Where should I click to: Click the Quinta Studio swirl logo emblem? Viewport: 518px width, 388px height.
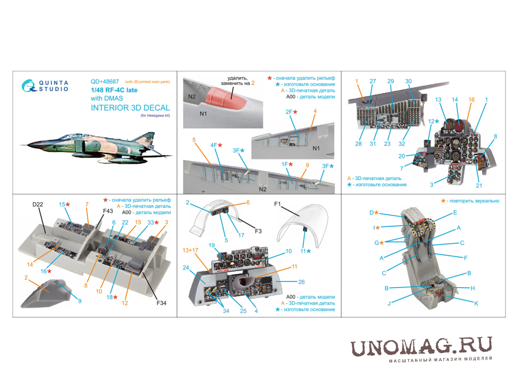(x=28, y=86)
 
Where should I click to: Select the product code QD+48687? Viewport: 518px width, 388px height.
(x=105, y=82)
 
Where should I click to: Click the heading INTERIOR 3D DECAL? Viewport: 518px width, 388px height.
(x=130, y=108)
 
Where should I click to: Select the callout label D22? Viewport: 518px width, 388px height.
(x=38, y=204)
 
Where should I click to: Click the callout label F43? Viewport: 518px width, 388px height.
(x=108, y=211)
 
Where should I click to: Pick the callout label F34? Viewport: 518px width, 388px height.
(x=161, y=303)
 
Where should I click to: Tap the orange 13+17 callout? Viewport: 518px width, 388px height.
(x=190, y=251)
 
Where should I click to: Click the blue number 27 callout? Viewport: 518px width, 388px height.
(x=373, y=81)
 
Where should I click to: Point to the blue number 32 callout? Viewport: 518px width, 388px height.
(x=401, y=144)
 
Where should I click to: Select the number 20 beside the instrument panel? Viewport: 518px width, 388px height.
(x=401, y=156)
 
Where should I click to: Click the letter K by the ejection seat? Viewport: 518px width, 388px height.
(x=476, y=303)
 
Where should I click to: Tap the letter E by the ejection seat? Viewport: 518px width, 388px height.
(x=455, y=213)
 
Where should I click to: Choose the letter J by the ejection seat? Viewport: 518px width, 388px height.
(x=389, y=303)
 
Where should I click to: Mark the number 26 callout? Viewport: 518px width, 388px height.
(x=301, y=282)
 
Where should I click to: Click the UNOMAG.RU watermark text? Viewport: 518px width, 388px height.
(x=421, y=346)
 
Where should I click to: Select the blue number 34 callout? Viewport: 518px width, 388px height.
(x=226, y=311)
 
